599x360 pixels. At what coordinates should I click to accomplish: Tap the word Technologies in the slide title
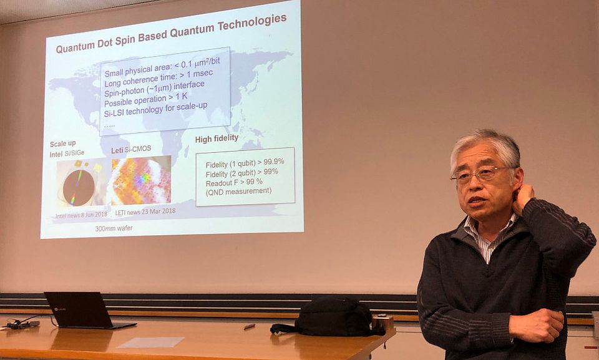[x=252, y=23]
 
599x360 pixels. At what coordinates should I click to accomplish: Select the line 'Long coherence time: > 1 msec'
[x=158, y=79]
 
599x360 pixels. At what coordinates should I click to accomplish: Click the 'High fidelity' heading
[x=217, y=139]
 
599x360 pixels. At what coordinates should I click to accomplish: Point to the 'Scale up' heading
[x=62, y=144]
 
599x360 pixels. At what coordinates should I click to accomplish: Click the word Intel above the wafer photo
[x=56, y=154]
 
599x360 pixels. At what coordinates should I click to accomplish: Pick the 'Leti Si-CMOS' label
[x=131, y=150]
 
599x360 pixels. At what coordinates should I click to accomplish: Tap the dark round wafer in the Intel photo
[x=79, y=187]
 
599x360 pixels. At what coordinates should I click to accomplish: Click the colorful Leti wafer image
[x=141, y=180]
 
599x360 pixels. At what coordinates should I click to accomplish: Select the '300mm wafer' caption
[x=114, y=228]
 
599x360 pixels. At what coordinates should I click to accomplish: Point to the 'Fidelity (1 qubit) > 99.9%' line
[x=245, y=163]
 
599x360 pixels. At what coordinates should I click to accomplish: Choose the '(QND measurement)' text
[x=239, y=191]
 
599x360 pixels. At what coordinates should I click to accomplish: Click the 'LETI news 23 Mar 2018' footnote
[x=145, y=212]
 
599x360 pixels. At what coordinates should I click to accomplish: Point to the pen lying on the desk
[x=250, y=326]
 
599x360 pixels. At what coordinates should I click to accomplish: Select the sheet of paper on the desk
[x=150, y=342]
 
